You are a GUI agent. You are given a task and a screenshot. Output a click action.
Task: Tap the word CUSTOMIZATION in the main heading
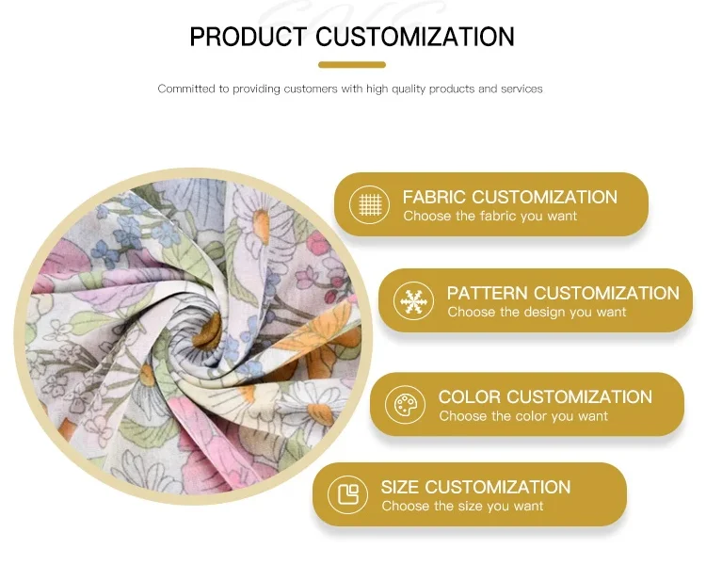point(415,37)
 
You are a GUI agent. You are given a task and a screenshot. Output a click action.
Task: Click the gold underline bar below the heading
point(352,65)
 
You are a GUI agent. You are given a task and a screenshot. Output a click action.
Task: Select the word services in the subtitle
point(522,89)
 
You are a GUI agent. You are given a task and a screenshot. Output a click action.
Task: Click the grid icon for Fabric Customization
point(369,204)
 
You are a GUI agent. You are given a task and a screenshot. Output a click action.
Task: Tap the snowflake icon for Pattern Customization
point(412,301)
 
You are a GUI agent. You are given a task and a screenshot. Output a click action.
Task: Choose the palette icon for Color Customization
point(405,406)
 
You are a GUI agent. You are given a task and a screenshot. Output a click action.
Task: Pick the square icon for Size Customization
point(347,495)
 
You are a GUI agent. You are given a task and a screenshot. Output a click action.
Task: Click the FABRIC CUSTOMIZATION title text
point(509,197)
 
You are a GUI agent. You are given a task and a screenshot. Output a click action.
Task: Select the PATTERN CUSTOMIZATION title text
point(563,293)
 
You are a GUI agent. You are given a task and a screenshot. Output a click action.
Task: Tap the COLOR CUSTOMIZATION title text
point(545,396)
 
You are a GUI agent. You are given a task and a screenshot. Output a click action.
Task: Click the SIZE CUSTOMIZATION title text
point(475,487)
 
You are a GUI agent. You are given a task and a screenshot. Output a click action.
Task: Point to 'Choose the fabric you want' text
point(490,217)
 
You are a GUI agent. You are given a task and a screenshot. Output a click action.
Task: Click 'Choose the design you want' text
point(537,313)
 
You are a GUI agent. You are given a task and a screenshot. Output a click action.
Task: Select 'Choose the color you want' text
point(523,416)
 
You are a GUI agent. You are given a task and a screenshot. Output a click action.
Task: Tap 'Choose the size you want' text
point(462,507)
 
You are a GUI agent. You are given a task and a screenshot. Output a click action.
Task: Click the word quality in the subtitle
point(409,89)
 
